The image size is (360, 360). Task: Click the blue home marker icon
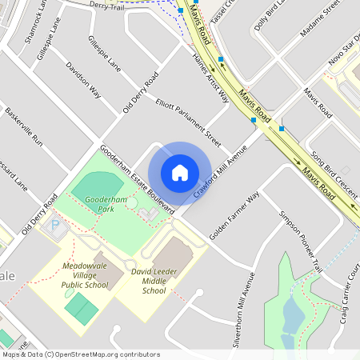(180, 173)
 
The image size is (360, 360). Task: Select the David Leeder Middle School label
(144, 282)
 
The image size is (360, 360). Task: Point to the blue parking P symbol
(55, 226)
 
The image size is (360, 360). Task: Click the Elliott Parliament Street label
(188, 122)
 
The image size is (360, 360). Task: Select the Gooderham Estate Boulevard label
(138, 178)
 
